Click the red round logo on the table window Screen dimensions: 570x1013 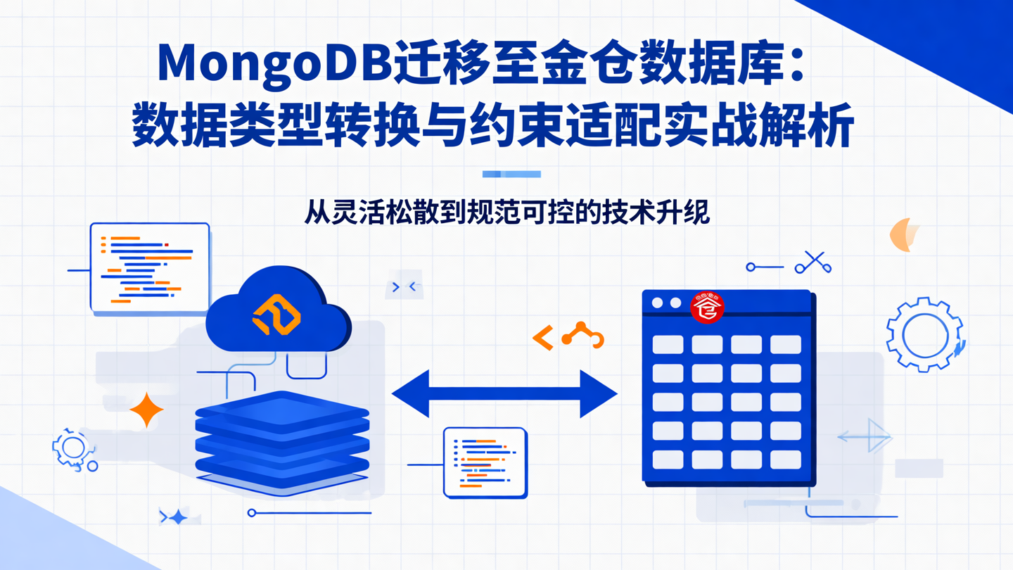coord(707,308)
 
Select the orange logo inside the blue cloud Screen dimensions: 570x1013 coord(277,315)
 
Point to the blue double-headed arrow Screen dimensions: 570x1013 coord(504,394)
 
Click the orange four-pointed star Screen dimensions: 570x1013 coord(146,410)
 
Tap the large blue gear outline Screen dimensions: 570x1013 coord(923,334)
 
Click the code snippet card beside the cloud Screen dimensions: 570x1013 coord(150,267)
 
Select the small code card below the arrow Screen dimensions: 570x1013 coord(485,462)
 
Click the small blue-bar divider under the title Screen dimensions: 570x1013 coord(511,174)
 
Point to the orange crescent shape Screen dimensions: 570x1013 coord(903,234)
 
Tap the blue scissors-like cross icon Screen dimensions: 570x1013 coord(814,262)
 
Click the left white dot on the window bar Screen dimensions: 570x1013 coord(657,303)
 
